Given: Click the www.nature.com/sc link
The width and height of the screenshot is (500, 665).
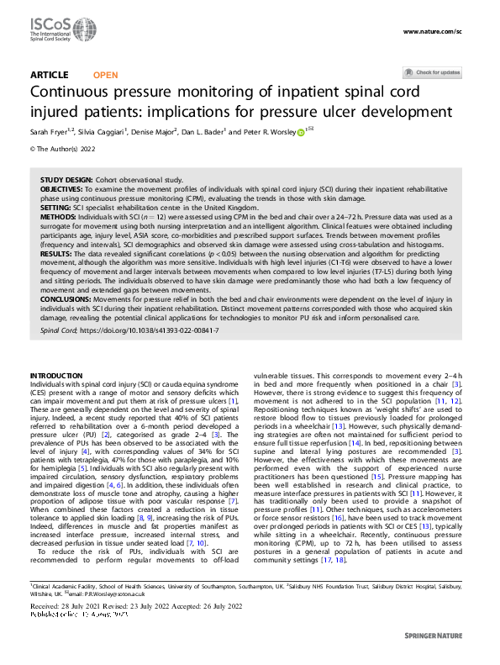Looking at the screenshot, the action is click(x=433, y=31).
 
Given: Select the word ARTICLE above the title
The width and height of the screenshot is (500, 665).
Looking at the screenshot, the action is click(x=49, y=75).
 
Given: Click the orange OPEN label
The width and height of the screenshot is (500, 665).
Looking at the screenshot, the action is click(x=106, y=75).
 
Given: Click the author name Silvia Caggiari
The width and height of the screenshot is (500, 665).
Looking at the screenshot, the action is click(x=102, y=132).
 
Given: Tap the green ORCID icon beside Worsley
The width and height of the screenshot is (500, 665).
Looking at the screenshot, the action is click(x=301, y=132).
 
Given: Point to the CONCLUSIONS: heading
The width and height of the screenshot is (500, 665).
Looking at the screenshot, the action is click(x=68, y=298).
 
